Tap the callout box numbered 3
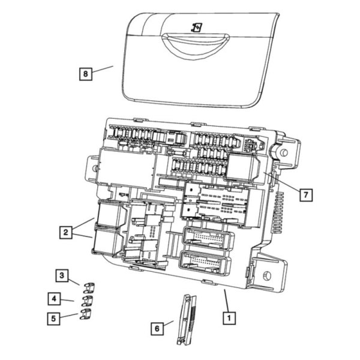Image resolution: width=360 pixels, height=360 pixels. pyautogui.click(x=62, y=275)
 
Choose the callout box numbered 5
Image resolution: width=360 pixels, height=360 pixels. pyautogui.click(x=54, y=317)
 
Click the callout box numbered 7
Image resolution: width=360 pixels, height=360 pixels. pyautogui.click(x=306, y=196)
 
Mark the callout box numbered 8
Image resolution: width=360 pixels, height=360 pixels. pyautogui.click(x=86, y=74)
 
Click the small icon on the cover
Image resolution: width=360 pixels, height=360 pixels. pyautogui.click(x=196, y=27)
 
